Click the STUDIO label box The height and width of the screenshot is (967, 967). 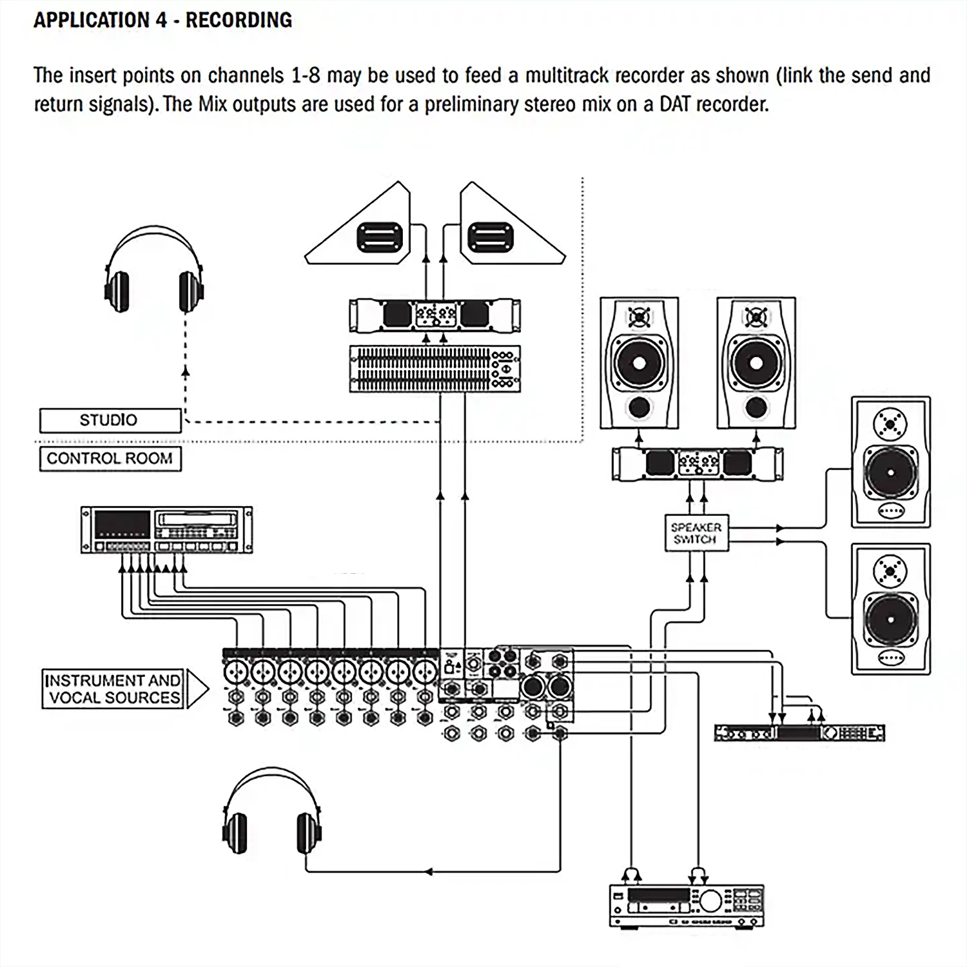click(x=110, y=420)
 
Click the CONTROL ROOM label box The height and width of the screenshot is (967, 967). click(x=110, y=458)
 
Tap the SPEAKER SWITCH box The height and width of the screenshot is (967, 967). click(x=696, y=533)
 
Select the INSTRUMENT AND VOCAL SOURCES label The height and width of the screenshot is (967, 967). click(x=113, y=689)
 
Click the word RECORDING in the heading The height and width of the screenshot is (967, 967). click(x=239, y=20)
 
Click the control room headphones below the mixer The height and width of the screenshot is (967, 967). click(x=271, y=812)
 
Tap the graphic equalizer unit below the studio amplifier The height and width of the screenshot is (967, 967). click(x=435, y=369)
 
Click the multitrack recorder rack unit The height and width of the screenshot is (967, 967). click(x=166, y=530)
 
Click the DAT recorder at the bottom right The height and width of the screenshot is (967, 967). click(x=687, y=906)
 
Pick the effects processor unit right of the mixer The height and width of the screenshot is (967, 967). click(x=799, y=733)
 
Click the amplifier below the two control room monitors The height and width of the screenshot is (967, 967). click(x=698, y=464)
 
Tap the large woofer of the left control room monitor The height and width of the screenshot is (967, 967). click(x=639, y=362)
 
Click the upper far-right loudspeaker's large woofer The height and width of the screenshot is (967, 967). click(x=890, y=472)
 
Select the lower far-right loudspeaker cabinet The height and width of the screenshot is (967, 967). click(x=890, y=609)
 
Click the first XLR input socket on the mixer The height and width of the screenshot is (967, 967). click(x=236, y=672)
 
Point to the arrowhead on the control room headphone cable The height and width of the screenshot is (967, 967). click(x=428, y=872)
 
